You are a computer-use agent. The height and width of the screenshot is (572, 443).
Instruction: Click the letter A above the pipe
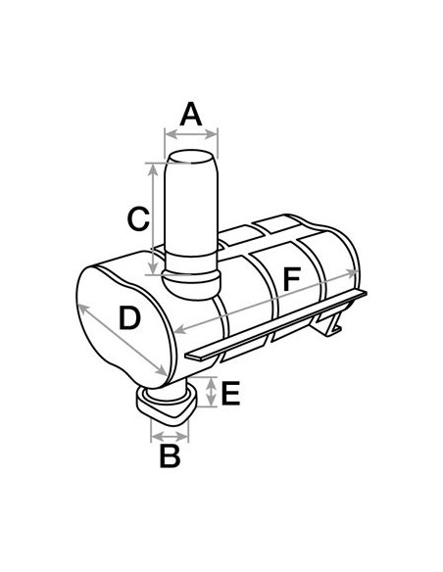[191, 114]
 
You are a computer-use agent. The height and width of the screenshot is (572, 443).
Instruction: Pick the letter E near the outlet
[229, 395]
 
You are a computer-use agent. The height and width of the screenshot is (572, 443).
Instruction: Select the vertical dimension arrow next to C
[153, 217]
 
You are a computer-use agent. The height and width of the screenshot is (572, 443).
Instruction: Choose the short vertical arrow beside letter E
[212, 394]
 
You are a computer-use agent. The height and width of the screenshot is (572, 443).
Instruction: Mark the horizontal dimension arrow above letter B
[168, 430]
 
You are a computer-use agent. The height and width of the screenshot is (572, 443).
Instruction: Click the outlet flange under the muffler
[163, 404]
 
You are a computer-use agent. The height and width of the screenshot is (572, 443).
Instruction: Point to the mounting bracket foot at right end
[334, 323]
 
